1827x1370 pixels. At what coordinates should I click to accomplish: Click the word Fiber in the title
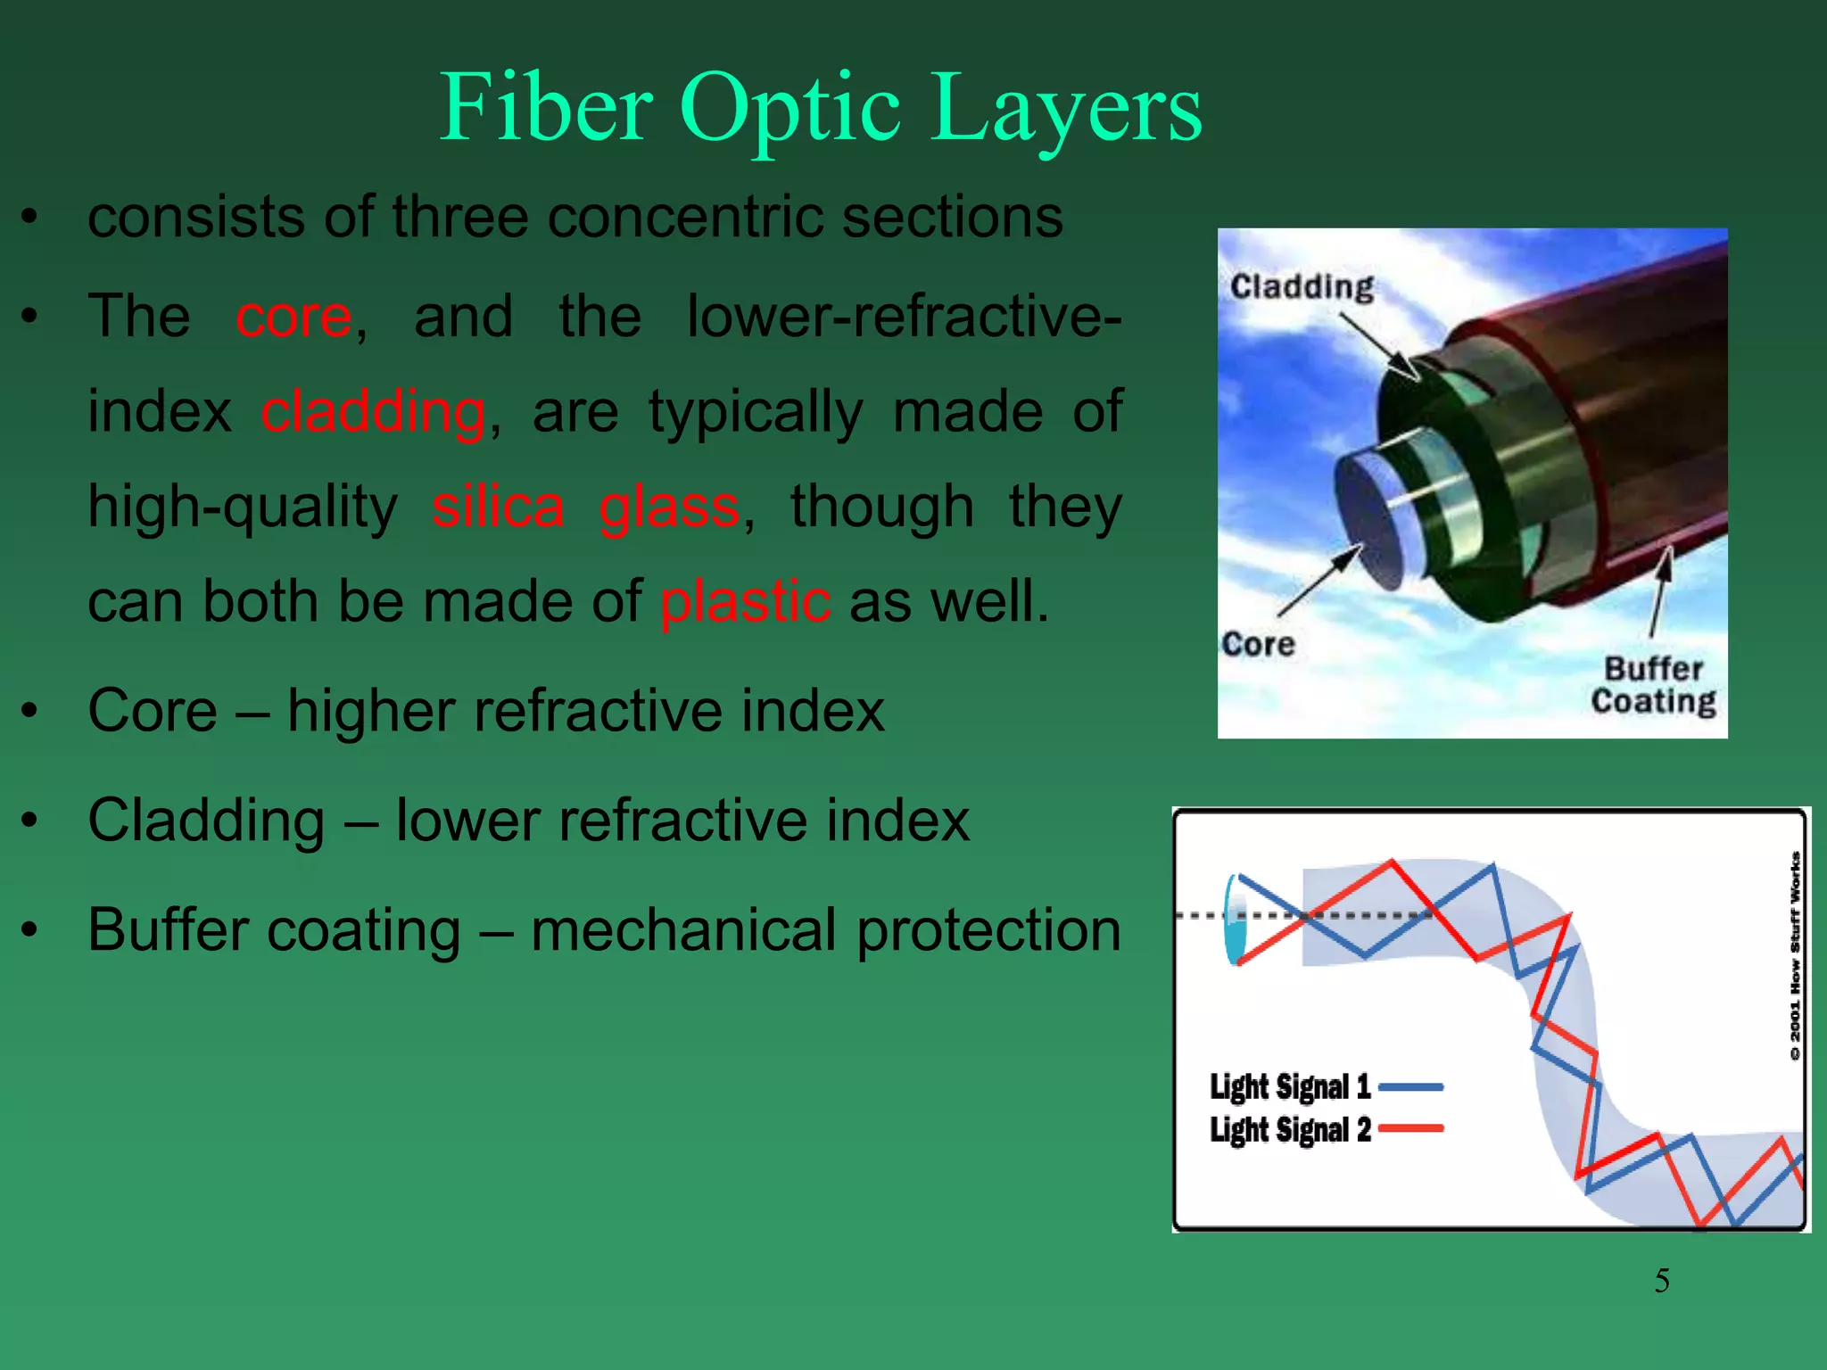coord(546,109)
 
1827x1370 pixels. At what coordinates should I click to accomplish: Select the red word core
coord(293,317)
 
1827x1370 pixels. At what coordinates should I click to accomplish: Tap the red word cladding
coord(373,412)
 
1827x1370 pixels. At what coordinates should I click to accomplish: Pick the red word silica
coord(498,507)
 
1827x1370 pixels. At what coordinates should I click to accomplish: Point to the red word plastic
coord(745,601)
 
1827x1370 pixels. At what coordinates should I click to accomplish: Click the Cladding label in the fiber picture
coord(1302,287)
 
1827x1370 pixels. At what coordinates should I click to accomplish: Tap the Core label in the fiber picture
coord(1258,644)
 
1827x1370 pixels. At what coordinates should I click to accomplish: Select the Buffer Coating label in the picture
coord(1653,685)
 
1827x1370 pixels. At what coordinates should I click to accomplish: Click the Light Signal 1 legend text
coord(1289,1086)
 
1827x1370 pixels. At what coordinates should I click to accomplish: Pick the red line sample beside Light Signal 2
coord(1410,1129)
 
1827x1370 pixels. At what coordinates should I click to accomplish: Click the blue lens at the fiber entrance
coord(1236,919)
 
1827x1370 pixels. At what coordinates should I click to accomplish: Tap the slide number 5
coord(1662,1281)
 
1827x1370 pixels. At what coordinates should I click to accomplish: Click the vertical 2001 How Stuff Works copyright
coord(1795,954)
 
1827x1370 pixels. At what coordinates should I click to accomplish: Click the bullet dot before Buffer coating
coord(30,930)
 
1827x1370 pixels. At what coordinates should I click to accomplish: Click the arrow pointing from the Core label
coord(1318,582)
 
